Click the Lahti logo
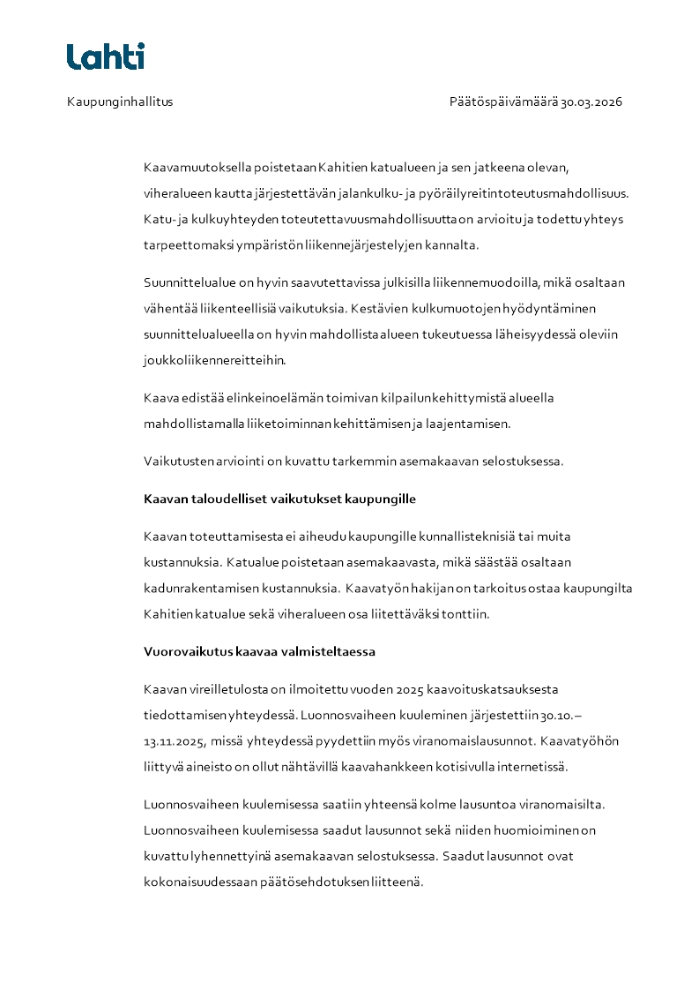point(105,56)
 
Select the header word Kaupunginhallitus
point(120,101)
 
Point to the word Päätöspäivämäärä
point(502,101)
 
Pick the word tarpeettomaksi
point(183,244)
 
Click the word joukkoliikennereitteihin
point(215,360)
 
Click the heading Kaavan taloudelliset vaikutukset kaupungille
point(279,499)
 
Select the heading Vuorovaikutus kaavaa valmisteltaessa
point(259,652)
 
